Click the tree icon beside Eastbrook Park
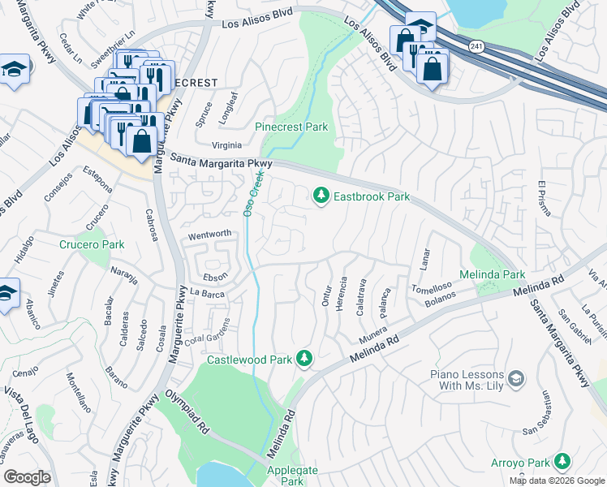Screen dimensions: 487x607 [321, 196]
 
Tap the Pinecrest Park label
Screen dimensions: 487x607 [291, 127]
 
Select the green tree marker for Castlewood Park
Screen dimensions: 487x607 [304, 358]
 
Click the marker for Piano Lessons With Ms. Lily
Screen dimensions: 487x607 [515, 378]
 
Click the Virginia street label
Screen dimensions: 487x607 [204, 145]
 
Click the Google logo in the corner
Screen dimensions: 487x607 [27, 477]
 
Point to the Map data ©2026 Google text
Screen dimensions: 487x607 [557, 481]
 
